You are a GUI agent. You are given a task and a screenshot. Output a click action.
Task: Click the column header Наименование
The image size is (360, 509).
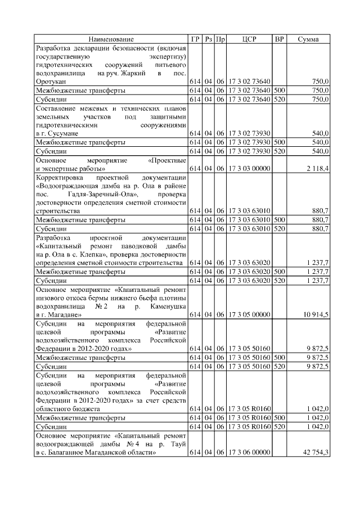(x=111, y=39)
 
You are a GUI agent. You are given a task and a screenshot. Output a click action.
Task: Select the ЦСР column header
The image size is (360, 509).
(x=249, y=39)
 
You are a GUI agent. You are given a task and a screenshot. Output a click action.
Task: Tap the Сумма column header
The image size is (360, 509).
(x=308, y=39)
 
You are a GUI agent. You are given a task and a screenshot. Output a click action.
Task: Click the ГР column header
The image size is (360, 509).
(x=195, y=39)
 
